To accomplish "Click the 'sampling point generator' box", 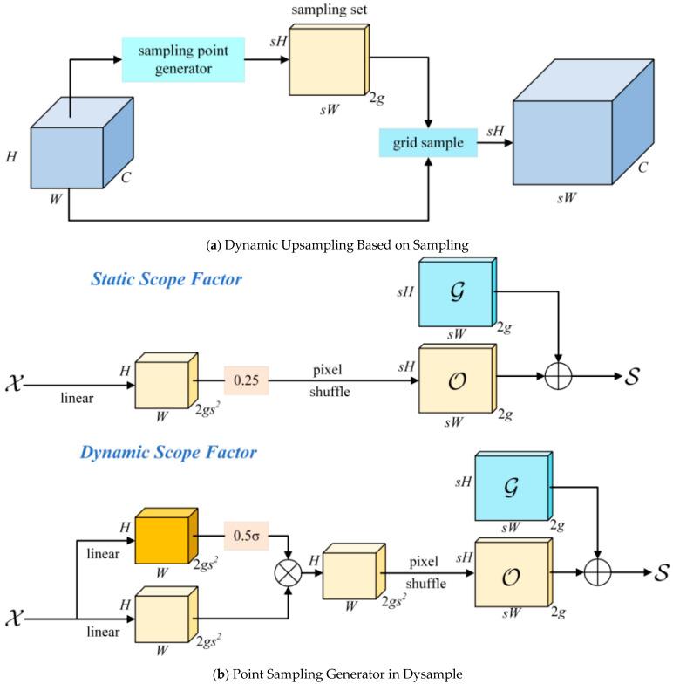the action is (x=183, y=59).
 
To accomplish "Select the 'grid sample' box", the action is (x=428, y=143).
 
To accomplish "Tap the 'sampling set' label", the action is (x=330, y=10).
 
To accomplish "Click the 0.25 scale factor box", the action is (x=246, y=380).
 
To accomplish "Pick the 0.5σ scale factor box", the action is (x=246, y=536).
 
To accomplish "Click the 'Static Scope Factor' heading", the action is (x=166, y=279).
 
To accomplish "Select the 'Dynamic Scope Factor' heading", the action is (x=168, y=452).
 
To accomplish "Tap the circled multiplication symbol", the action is (x=288, y=572).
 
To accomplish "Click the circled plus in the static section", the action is (x=558, y=375).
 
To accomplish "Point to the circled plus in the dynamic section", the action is (x=597, y=572).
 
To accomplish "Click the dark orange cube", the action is (x=167, y=536).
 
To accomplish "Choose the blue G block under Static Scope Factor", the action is (x=458, y=291).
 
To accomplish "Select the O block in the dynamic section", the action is (x=513, y=572).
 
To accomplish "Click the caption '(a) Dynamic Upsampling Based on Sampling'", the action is (x=337, y=245).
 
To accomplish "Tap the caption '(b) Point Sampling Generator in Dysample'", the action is (x=337, y=674).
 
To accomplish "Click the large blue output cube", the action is (x=583, y=122).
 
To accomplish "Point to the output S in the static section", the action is (x=632, y=376).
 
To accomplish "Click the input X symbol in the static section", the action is (x=14, y=384).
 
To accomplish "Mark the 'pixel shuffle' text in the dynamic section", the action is (x=425, y=572).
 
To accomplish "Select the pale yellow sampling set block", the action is (x=330, y=59).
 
